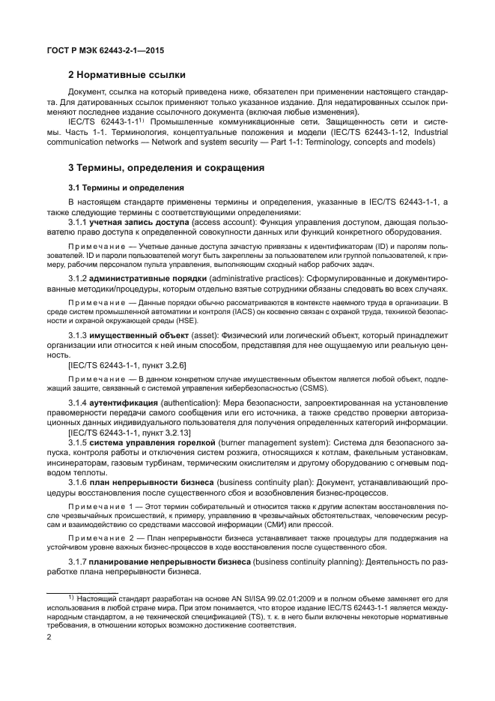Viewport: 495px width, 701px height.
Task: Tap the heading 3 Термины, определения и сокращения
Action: click(165, 169)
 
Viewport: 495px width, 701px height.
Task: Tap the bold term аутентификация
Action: click(125, 404)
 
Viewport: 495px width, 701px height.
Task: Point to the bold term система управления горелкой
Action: click(152, 443)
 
